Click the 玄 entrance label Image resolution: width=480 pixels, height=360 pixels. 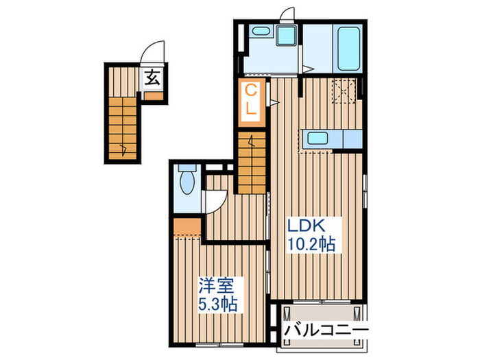coord(152,77)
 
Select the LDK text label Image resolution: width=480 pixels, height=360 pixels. coord(304,227)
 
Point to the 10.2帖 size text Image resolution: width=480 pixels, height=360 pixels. coord(311,243)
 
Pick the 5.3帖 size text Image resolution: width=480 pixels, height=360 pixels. coord(218,303)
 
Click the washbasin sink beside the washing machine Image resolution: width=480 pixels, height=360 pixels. coord(261,30)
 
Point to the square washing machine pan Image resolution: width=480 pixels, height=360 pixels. coord(285,35)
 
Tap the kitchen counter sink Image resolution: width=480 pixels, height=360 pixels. coord(317,137)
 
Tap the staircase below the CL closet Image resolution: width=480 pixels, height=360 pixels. coord(252,161)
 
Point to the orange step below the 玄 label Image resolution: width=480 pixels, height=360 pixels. coord(153,95)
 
